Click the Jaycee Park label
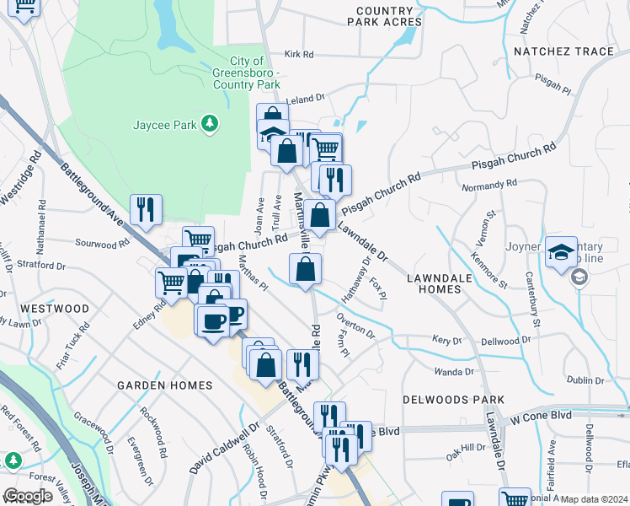[x=164, y=125]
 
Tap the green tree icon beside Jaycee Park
[x=208, y=125]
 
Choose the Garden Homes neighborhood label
[x=164, y=385]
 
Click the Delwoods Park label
[x=453, y=399]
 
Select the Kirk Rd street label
[x=299, y=55]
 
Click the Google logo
[x=28, y=496]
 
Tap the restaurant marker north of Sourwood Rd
[x=146, y=209]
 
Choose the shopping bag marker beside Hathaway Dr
[x=306, y=269]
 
